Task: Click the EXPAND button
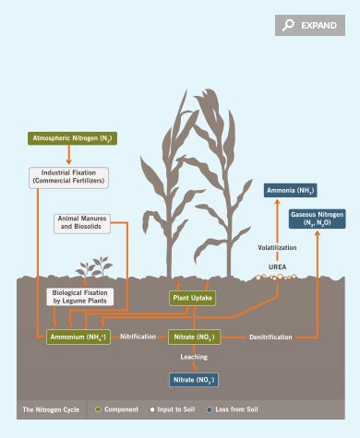309,26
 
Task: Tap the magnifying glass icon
289,26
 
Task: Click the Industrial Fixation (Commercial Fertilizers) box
69,176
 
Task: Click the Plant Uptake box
192,298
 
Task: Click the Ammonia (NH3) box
289,191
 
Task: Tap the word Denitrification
270,337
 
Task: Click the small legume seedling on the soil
92,270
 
